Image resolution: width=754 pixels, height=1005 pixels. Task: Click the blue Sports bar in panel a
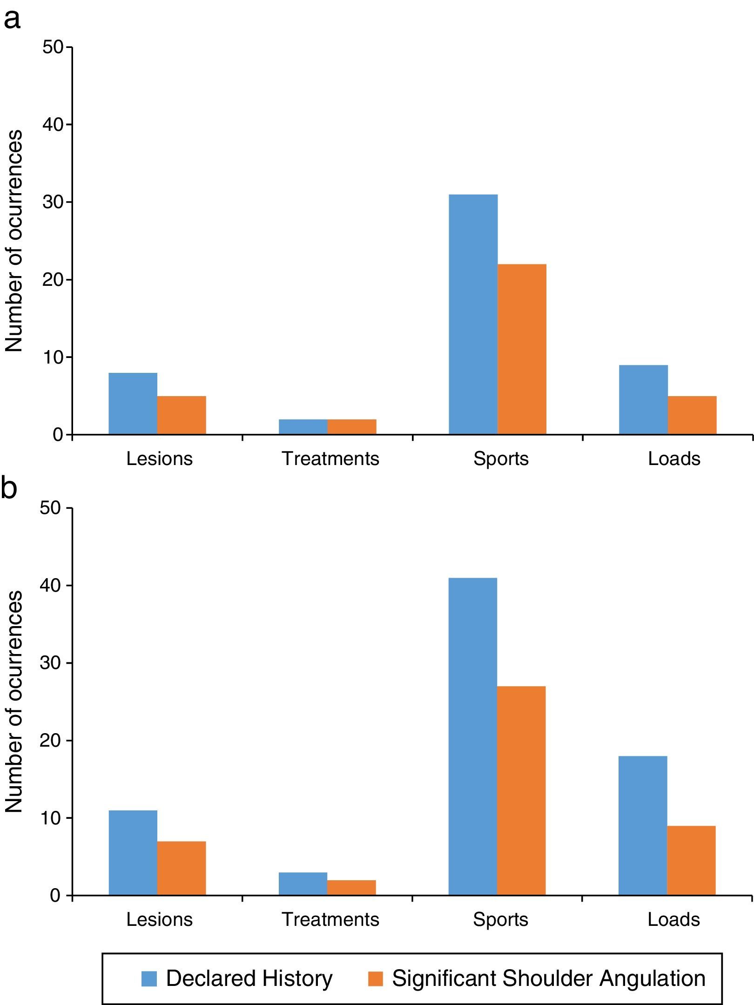[x=473, y=314]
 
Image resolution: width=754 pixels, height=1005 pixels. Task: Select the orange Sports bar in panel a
[x=522, y=349]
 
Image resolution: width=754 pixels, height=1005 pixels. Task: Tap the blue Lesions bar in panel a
[x=133, y=404]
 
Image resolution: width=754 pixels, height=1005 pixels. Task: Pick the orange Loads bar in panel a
[x=692, y=415]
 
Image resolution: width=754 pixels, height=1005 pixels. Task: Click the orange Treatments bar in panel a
[x=352, y=427]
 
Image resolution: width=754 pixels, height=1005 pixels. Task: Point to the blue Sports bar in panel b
[x=473, y=736]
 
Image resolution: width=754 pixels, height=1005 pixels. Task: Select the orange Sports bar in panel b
[x=521, y=790]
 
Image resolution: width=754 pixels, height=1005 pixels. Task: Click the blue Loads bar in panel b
[x=643, y=825]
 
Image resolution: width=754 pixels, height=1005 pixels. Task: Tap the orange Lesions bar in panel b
[x=182, y=868]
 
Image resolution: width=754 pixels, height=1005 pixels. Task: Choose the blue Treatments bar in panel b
[x=303, y=884]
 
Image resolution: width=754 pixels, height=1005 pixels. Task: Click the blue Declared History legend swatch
[x=149, y=979]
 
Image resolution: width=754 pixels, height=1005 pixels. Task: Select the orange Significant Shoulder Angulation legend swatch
[x=375, y=979]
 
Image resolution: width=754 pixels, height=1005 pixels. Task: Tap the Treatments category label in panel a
[x=330, y=459]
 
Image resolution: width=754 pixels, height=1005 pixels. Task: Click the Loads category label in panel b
[x=673, y=919]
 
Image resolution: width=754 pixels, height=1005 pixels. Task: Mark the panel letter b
[x=9, y=488]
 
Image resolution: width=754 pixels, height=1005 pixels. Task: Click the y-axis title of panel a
[x=14, y=241]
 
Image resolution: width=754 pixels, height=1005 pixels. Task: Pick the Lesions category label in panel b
[x=159, y=919]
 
